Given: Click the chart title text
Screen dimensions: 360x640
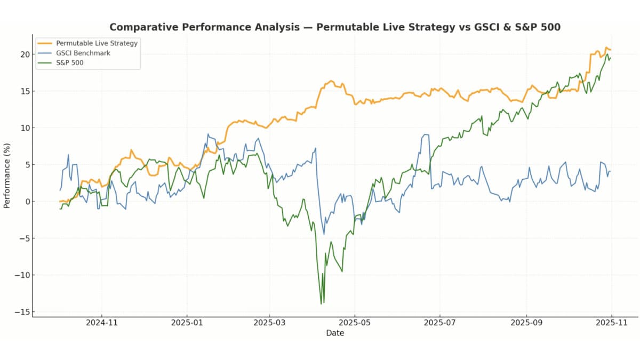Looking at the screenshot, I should tap(335, 27).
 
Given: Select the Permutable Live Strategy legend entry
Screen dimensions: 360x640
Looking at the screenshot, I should tap(97, 43).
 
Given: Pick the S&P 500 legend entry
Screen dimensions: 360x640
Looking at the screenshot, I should tap(69, 63).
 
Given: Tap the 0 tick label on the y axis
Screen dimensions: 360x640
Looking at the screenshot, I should tap(26, 201).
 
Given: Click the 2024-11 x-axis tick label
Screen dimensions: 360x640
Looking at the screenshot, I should tap(101, 323).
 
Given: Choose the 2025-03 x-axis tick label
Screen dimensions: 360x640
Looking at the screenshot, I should tap(270, 323).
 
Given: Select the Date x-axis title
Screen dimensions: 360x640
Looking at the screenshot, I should tap(335, 333).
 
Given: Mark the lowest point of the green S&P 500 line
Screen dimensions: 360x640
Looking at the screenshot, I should tap(321, 304).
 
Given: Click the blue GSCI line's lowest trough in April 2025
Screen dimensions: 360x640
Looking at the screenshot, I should tap(324, 234).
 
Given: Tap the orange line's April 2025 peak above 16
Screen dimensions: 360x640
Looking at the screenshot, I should tap(331, 81).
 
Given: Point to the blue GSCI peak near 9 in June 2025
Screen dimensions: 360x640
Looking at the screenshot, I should tap(425, 134).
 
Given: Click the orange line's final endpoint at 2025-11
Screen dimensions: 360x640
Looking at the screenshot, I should tap(611, 50).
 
